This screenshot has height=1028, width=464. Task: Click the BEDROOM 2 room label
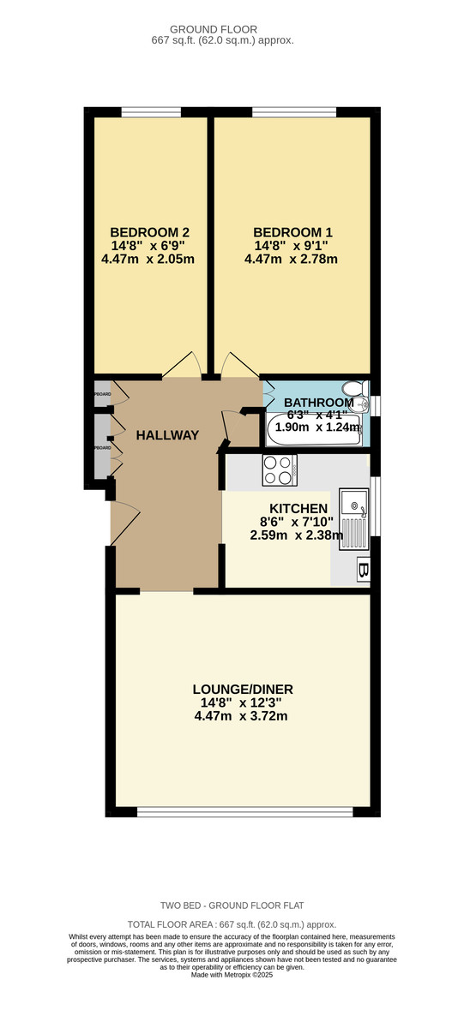[x=149, y=232]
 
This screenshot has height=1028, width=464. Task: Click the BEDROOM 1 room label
[x=292, y=232]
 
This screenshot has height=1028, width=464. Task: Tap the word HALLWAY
[x=167, y=435]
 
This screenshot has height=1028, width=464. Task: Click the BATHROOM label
[x=318, y=403]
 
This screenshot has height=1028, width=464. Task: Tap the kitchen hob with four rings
[x=279, y=469]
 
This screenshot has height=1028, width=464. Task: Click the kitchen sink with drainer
[x=353, y=518]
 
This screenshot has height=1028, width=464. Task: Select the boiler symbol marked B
[x=364, y=569]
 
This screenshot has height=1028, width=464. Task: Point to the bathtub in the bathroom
[x=314, y=430]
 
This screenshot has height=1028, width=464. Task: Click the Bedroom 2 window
[x=151, y=111]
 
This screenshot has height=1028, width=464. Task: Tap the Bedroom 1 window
[x=293, y=111]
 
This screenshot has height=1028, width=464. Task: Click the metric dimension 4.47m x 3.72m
[x=241, y=716]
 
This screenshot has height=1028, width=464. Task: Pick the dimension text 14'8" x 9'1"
[x=292, y=246]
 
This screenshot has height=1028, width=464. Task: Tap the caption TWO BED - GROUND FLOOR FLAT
[x=232, y=905]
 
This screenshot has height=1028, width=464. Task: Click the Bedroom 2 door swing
[x=182, y=365]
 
